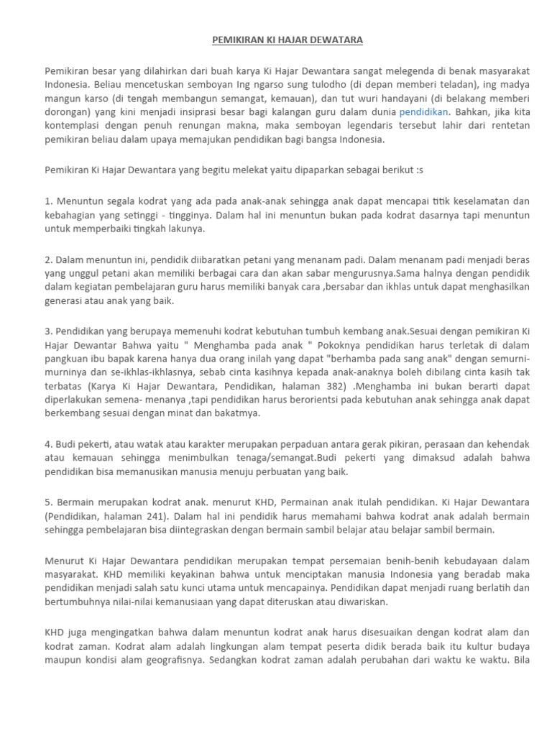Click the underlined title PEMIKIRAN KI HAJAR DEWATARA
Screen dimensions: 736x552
coord(287,40)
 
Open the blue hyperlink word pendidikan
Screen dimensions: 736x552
coord(424,112)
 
